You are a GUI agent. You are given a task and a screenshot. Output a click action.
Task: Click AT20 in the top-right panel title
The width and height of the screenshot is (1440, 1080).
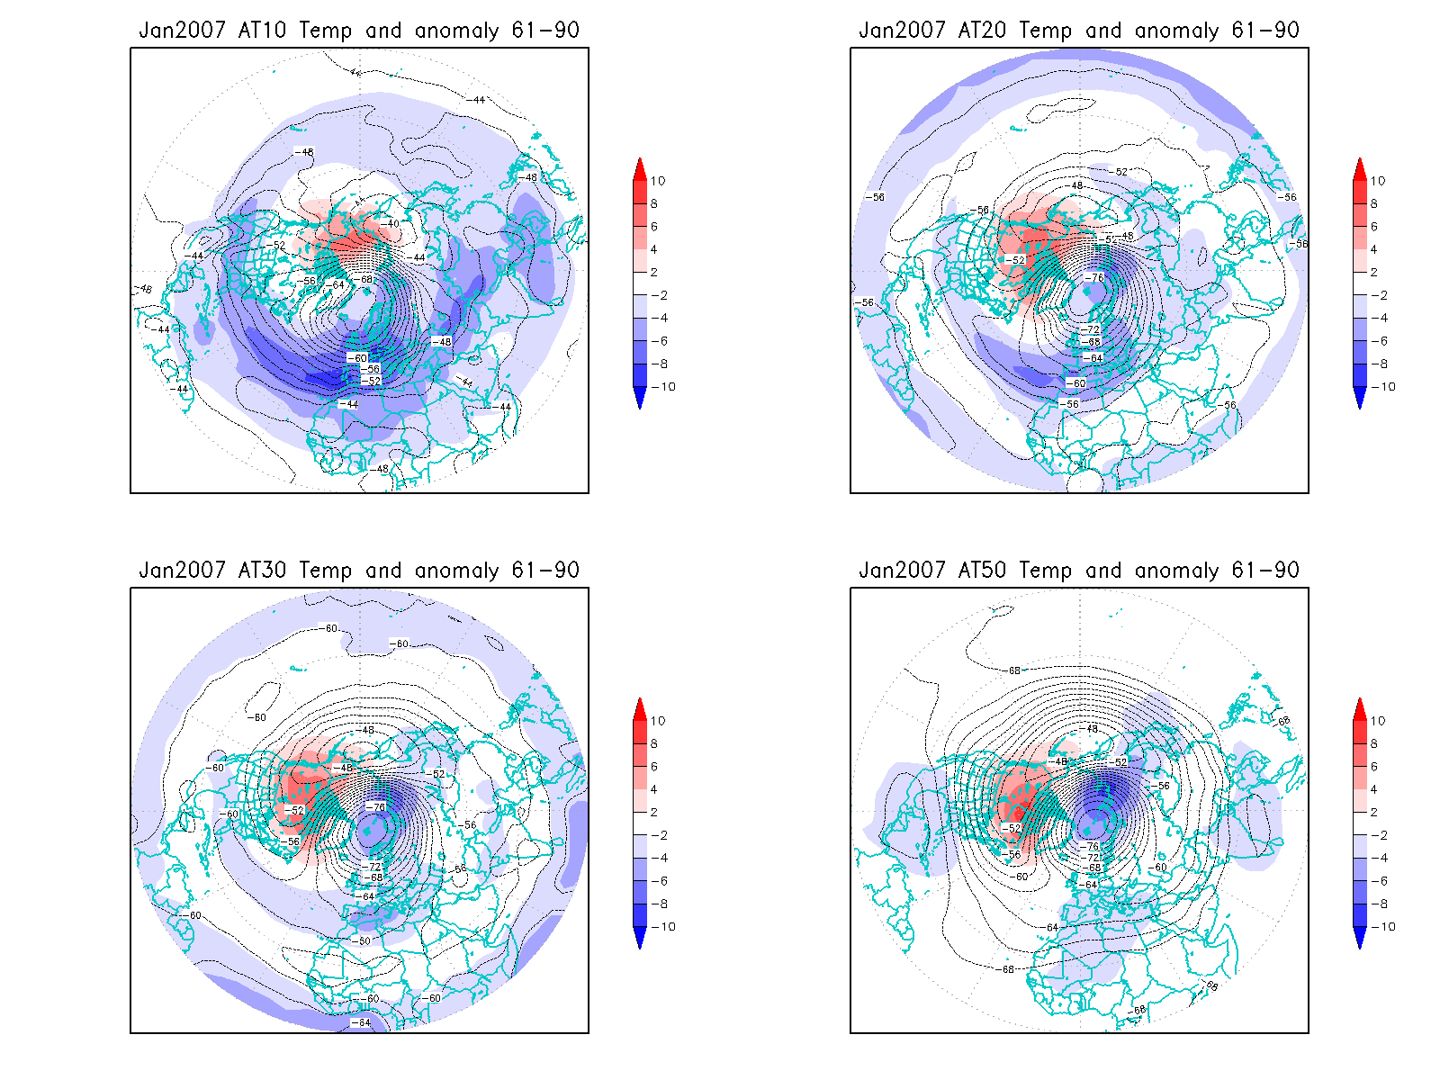coord(982,31)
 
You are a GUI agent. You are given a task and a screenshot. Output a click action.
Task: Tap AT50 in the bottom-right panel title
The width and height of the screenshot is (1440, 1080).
coord(982,571)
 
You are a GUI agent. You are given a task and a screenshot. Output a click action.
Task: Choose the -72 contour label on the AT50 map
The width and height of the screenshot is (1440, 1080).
coord(1093,858)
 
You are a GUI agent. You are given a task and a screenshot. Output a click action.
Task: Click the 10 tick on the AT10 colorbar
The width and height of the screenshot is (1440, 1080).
coord(658,181)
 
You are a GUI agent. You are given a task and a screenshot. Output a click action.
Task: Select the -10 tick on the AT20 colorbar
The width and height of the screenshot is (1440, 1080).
coord(1385,387)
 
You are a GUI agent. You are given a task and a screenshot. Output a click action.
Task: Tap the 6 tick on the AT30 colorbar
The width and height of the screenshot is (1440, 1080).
coord(654,767)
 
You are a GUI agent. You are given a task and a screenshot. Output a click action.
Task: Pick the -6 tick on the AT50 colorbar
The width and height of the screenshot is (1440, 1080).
coord(1382,881)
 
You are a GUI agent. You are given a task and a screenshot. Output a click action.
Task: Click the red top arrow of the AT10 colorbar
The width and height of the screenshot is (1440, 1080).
coord(640,168)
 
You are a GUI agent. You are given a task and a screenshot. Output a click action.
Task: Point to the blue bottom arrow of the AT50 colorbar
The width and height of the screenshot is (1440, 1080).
coord(1360,938)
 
